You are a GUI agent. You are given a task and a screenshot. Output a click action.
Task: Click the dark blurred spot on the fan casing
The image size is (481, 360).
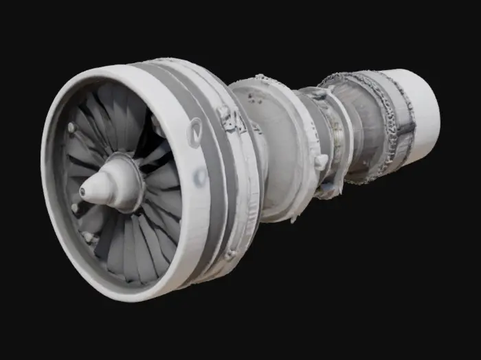(200, 177)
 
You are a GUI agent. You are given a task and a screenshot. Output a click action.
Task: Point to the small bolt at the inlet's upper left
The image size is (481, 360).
(71, 127)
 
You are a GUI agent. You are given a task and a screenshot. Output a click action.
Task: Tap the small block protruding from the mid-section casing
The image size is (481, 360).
(321, 161)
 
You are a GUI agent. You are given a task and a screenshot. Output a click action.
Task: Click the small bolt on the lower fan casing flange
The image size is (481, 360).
(230, 255)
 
